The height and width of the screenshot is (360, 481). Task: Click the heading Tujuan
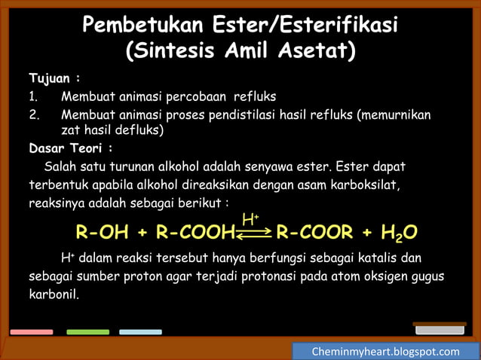point(54,78)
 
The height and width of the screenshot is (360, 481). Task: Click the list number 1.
point(33,96)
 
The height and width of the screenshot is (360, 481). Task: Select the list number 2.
point(33,114)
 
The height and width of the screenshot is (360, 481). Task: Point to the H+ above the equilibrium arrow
point(250,219)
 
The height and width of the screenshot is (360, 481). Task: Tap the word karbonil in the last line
point(53,294)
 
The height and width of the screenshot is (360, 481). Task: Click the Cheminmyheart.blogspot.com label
point(385,352)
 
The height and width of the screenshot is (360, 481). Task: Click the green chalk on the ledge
point(87,331)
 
